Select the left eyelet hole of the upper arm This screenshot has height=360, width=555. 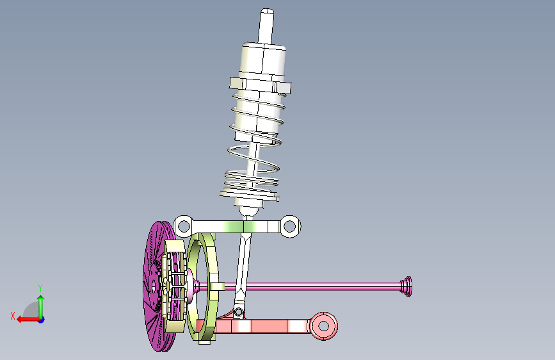point(183,225)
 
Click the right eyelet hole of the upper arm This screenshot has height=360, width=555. point(290,226)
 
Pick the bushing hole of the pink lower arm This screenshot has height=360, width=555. point(323,325)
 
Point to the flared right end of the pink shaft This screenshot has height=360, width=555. point(406,286)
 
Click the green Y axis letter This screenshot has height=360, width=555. point(40,288)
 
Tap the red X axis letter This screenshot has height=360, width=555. point(13,316)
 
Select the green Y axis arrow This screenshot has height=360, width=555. point(41,307)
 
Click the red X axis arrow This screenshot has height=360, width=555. point(28,320)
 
